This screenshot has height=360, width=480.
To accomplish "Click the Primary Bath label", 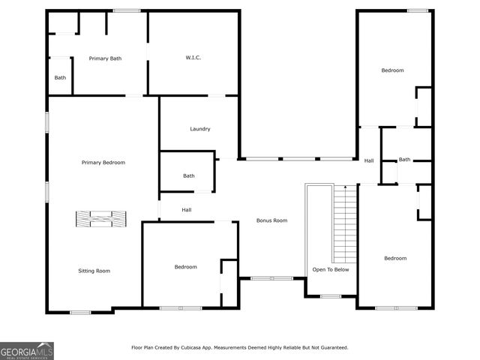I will (105, 58).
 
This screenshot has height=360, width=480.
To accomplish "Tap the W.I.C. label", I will (193, 58).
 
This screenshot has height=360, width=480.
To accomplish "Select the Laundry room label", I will (199, 129).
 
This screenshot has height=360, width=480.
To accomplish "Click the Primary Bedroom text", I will (103, 163).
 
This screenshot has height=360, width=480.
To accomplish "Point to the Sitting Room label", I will (94, 271).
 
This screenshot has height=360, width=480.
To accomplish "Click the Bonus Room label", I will (271, 220).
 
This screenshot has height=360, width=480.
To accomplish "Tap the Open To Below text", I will (330, 270).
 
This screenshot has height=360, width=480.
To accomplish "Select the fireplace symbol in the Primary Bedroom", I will (100, 218).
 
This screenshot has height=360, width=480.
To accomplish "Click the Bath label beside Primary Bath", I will (60, 77).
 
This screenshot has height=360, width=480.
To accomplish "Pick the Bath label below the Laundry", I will (189, 176).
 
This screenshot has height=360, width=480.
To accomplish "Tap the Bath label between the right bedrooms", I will (404, 160).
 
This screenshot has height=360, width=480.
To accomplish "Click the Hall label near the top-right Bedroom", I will (369, 161).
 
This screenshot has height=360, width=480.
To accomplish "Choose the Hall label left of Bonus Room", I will (187, 210).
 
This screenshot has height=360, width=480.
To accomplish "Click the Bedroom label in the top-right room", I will (392, 70).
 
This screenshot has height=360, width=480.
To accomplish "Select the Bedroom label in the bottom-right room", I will (395, 259).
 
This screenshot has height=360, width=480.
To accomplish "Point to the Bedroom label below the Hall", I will (186, 267).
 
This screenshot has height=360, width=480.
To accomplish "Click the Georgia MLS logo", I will (27, 350).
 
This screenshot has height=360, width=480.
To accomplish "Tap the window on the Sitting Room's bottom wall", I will (80, 312).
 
